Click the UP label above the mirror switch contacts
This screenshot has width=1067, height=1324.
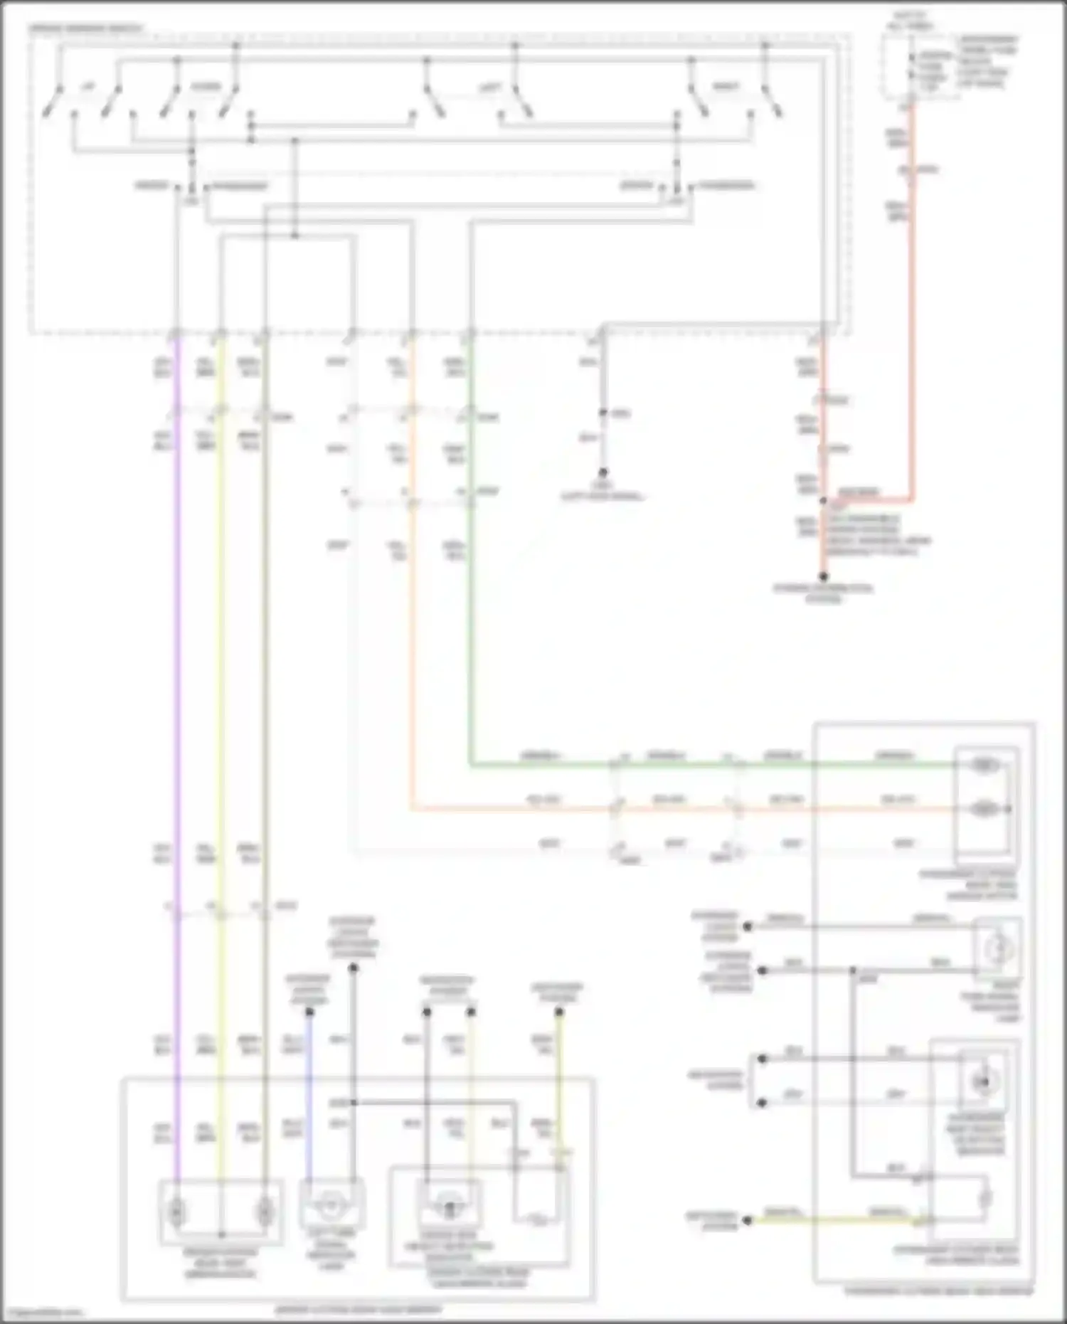[87, 88]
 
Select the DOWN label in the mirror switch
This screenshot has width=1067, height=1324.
[206, 88]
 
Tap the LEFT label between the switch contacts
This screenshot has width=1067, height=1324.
[489, 88]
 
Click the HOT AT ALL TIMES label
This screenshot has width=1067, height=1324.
[911, 21]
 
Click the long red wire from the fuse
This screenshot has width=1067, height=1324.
[913, 320]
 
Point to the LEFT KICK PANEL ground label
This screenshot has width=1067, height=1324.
[602, 492]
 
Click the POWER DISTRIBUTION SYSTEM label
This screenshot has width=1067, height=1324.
[823, 593]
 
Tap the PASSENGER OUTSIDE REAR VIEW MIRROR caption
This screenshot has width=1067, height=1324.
[939, 1291]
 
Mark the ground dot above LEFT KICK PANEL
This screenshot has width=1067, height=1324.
[602, 472]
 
